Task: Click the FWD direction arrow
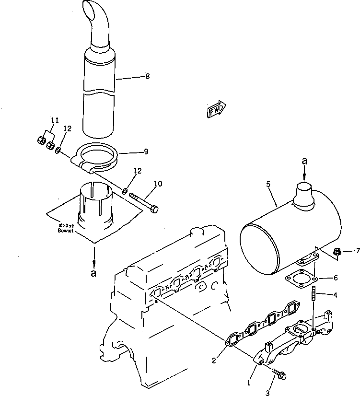click(x=217, y=109)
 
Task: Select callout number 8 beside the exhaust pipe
click(x=147, y=76)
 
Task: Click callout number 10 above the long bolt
click(x=158, y=184)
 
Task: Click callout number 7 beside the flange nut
click(x=357, y=250)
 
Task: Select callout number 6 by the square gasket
click(x=335, y=278)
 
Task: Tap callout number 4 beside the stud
click(x=335, y=295)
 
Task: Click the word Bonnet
click(x=64, y=230)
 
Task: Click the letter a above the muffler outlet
click(x=304, y=162)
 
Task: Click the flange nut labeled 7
click(x=337, y=250)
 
